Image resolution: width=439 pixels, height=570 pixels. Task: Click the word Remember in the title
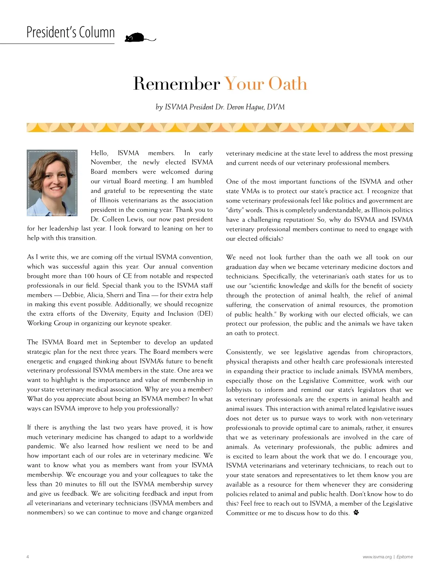[176, 84]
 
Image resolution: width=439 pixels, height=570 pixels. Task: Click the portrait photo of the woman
[52, 183]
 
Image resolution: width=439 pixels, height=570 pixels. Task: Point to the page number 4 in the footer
[28, 557]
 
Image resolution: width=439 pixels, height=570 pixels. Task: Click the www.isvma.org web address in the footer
[377, 557]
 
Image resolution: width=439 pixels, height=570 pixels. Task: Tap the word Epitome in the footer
[405, 557]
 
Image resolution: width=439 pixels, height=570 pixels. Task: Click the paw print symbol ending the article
[356, 512]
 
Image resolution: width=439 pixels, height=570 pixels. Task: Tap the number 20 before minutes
[59, 484]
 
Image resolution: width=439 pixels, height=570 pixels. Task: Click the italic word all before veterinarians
[30, 503]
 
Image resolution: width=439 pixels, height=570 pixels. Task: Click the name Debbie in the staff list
[73, 295]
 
